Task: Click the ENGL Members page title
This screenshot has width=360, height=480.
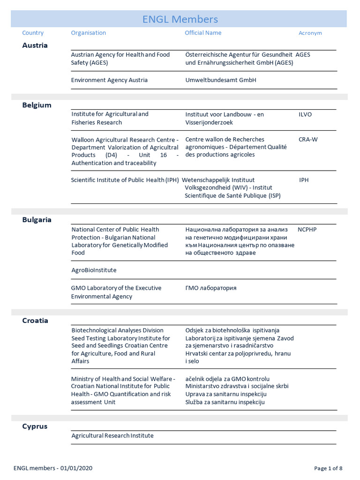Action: pos(180,19)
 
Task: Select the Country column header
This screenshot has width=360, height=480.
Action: pos(33,33)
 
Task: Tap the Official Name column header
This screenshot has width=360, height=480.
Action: pos(203,33)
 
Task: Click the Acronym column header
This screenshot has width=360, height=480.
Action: pos(310,33)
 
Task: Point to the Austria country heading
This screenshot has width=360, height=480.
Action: pos(35,45)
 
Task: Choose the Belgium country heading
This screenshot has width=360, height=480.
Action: pos(37,105)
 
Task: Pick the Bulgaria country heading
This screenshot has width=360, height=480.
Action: pos(37,219)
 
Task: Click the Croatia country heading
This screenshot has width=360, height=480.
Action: pos(35,321)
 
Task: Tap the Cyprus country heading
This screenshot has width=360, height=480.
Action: pos(35,427)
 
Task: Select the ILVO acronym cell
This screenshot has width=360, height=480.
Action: pos(305,114)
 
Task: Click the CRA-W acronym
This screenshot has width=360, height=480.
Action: pos(308,140)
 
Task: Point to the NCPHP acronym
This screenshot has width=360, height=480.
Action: pos(307,230)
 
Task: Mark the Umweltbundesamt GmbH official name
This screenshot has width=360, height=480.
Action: pos(221,80)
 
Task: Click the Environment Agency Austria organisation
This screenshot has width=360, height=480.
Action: pos(109,80)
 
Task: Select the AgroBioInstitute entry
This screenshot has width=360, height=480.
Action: pos(94,270)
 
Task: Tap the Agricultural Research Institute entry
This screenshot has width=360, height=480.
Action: pos(112,436)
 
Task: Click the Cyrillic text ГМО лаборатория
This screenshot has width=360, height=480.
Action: pos(211,288)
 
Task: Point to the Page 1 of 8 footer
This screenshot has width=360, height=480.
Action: pos(328,468)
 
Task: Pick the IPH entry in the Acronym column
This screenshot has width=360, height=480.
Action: pos(304,180)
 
